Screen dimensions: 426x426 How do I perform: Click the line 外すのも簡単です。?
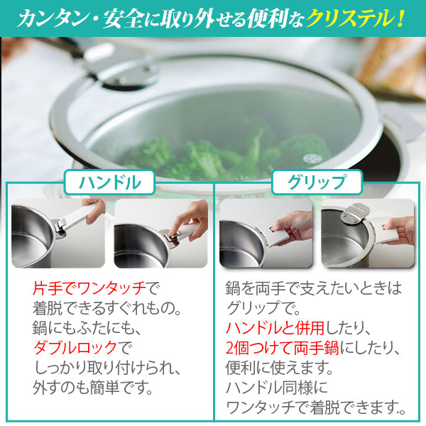[93, 389]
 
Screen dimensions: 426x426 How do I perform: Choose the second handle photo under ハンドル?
[160, 231]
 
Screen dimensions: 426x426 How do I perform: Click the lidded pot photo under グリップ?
[366, 231]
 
